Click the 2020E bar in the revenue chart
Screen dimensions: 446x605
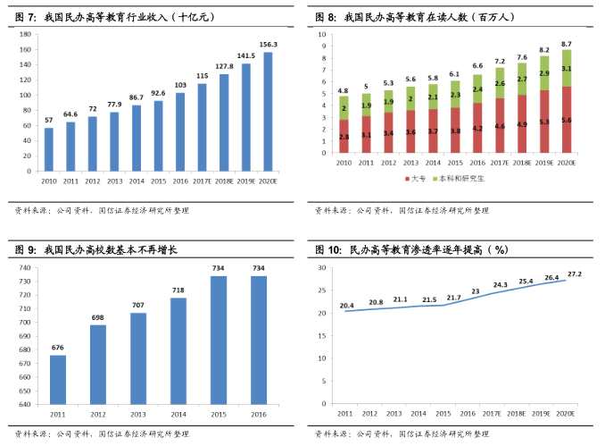coord(268,112)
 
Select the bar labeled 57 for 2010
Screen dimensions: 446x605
coord(48,149)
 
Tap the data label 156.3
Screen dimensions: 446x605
coord(268,45)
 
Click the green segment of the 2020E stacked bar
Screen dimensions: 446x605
coord(567,68)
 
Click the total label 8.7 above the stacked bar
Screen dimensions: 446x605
coord(567,44)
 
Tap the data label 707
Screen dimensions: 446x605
coord(139,305)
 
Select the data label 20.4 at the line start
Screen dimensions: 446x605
coord(347,305)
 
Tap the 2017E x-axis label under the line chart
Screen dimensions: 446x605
coord(492,414)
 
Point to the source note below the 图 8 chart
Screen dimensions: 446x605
coord(402,211)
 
